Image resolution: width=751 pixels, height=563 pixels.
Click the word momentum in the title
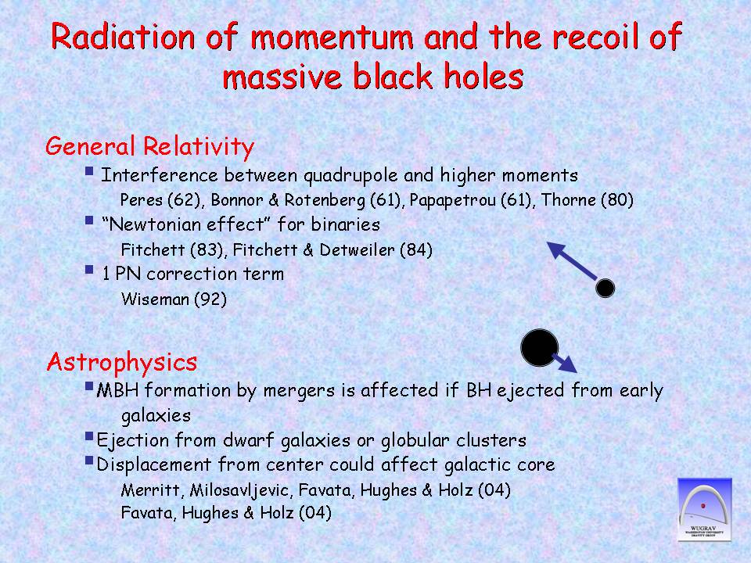(x=332, y=37)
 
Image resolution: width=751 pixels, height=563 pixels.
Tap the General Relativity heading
(x=149, y=146)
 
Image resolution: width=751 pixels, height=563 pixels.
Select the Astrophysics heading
(x=122, y=362)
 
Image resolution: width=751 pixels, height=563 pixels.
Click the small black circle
(x=605, y=289)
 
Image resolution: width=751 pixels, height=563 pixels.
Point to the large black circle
(x=539, y=347)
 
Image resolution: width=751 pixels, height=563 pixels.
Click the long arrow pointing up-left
(x=572, y=261)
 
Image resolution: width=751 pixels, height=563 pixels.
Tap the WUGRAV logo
(x=705, y=509)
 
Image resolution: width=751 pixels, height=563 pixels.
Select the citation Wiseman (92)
(x=174, y=299)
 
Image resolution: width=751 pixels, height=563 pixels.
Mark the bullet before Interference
(x=89, y=171)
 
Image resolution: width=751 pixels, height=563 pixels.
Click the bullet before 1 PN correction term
(x=89, y=270)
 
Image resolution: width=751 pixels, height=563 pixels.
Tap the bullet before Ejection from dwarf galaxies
(x=89, y=436)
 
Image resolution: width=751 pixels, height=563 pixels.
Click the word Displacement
(x=154, y=464)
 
